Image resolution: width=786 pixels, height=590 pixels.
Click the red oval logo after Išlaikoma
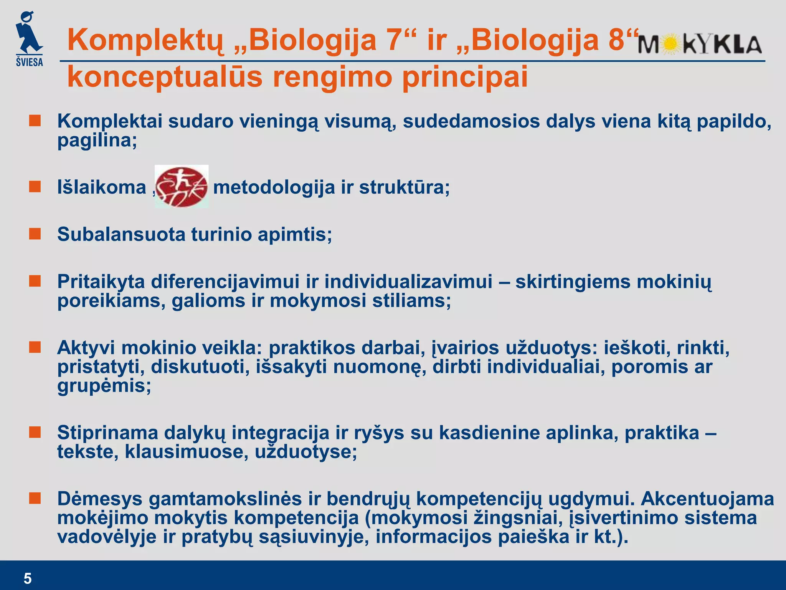182,187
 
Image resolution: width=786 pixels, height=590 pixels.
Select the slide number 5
28,578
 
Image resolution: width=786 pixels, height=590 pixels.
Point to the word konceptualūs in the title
165,77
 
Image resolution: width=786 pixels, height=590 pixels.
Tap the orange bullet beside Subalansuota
35,234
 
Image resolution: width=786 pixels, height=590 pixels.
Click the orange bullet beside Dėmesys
35,499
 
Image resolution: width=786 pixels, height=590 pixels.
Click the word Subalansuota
121,234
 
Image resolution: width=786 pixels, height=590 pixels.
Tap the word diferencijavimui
225,282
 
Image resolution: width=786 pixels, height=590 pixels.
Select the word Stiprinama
107,433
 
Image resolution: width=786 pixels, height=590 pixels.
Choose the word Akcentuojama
707,499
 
